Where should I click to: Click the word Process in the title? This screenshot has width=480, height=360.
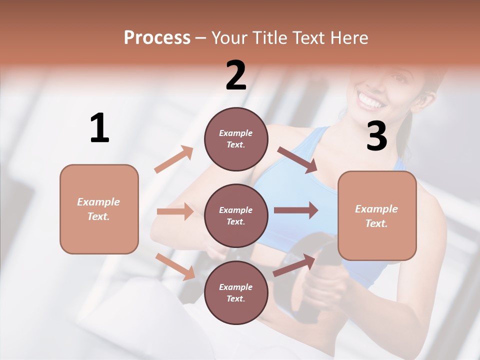coord(157,38)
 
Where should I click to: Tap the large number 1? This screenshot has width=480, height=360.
coord(99,128)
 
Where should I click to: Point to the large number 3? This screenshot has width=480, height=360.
coord(376,136)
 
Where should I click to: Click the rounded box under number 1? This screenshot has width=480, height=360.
coord(99,209)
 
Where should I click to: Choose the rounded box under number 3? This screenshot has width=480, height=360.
coord(377,215)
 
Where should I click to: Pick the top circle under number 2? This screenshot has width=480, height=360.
coord(236,139)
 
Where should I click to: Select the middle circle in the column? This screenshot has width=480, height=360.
coord(236,215)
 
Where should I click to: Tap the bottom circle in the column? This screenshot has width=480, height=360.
coord(236,292)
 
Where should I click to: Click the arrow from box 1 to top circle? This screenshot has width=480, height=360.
coord(174,159)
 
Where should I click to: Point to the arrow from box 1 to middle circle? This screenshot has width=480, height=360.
coord(175,211)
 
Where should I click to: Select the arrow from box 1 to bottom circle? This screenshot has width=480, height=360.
coord(175,266)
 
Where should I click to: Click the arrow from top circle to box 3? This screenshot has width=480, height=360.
coord(297,160)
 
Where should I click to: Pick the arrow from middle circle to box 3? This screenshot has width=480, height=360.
coord(296,210)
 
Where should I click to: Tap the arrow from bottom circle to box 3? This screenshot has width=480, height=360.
coord(294,265)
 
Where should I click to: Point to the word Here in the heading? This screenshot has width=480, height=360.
coord(348,38)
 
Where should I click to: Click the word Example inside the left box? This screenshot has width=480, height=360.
coord(98,202)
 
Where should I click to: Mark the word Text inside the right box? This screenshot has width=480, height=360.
coord(376,223)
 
